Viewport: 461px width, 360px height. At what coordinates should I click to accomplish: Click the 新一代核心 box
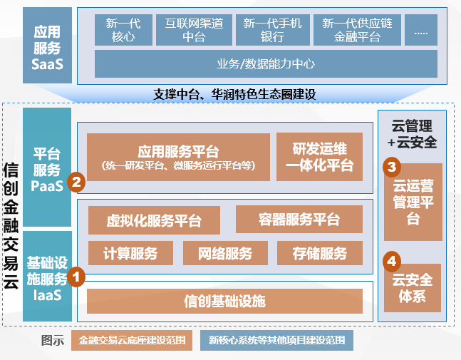click(123, 30)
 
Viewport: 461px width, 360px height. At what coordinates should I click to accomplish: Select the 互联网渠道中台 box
click(194, 30)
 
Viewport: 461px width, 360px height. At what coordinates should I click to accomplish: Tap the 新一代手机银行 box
click(273, 30)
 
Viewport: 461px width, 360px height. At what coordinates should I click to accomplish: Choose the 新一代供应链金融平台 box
click(357, 30)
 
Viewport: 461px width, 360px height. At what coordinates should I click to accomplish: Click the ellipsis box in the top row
click(421, 30)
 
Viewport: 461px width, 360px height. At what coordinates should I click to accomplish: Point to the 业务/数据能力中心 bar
click(266, 64)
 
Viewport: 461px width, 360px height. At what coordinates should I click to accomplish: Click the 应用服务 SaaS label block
click(47, 46)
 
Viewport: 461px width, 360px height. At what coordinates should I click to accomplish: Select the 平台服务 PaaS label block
click(47, 167)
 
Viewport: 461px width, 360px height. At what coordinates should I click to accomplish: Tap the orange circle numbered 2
click(76, 182)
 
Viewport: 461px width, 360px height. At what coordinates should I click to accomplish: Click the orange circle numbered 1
click(76, 277)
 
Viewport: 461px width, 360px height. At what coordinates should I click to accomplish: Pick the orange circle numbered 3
click(392, 167)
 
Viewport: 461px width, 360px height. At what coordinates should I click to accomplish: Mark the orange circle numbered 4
click(392, 261)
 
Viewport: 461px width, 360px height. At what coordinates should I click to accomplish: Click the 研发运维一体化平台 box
click(320, 157)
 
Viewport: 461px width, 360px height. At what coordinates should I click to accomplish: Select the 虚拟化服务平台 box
click(154, 220)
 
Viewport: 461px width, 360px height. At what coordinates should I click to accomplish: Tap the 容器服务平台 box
click(299, 220)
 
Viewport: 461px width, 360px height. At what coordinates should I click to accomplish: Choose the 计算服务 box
click(130, 253)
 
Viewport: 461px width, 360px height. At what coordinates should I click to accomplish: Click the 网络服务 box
click(225, 253)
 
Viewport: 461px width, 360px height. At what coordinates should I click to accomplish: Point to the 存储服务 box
click(320, 253)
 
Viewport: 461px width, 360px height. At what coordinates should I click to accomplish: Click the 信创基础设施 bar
click(224, 301)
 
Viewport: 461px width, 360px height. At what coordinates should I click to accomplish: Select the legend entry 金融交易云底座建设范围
click(132, 340)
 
